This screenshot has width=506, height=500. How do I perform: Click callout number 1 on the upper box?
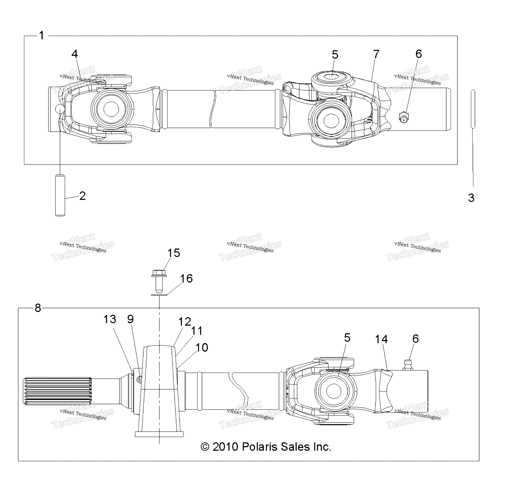[x=41, y=35]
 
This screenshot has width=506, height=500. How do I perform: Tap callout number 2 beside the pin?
[x=83, y=196]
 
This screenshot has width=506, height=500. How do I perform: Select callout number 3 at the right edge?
[x=471, y=198]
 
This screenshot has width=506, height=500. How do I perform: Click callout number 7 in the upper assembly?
[x=376, y=54]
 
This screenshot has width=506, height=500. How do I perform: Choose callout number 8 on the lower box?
[x=38, y=308]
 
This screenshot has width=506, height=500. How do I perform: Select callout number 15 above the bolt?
[x=174, y=253]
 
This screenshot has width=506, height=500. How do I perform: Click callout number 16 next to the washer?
[x=186, y=278]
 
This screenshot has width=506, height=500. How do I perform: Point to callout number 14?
[x=381, y=339]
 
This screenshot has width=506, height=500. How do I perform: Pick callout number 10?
[x=202, y=348]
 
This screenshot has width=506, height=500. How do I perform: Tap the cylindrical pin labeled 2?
[x=60, y=196]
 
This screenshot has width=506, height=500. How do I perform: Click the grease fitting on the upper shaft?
[x=404, y=117]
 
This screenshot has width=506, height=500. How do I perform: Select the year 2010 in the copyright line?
[x=225, y=447]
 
